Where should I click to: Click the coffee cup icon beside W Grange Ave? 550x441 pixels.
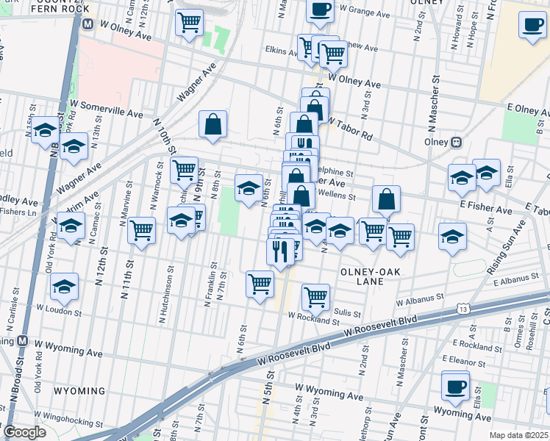(320, 10)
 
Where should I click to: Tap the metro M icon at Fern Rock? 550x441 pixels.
(87, 24)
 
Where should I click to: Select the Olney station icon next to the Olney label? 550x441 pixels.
(456, 142)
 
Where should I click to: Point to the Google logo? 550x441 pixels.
(24, 432)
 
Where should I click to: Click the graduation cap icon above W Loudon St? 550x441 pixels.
(65, 287)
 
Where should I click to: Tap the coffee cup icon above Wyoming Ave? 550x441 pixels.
(455, 385)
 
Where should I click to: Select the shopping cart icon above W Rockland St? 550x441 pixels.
(315, 297)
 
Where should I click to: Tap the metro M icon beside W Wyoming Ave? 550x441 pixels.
(24, 342)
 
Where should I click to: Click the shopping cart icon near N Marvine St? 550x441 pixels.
(141, 229)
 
